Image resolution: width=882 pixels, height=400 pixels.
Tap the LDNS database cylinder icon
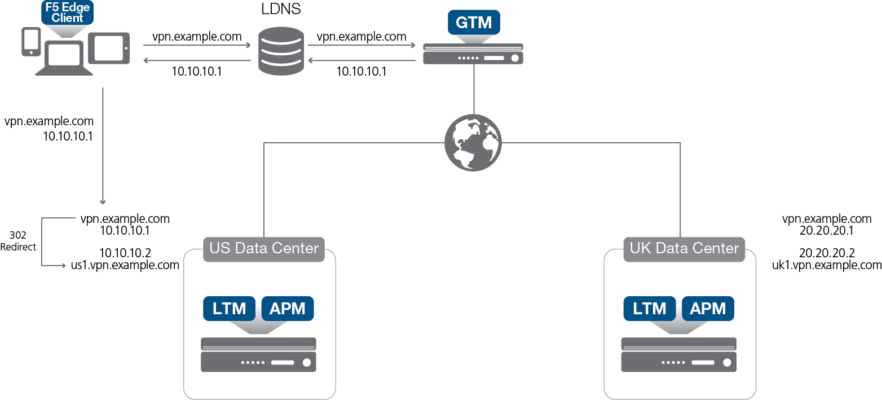click(280, 53)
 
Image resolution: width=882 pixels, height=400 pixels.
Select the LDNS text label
click(280, 10)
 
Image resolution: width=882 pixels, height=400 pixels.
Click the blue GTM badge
click(473, 22)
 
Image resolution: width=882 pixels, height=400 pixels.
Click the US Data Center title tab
click(264, 248)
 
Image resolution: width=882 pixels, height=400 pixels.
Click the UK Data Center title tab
click(684, 248)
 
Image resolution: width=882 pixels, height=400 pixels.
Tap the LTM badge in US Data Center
click(230, 309)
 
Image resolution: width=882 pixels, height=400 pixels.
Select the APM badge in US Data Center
click(288, 309)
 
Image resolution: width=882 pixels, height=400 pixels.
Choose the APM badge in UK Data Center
click(708, 309)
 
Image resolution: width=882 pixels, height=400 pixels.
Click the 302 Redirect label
click(18, 241)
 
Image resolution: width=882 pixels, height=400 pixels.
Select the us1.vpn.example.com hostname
click(125, 265)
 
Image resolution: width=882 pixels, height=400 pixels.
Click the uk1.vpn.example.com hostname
click(827, 265)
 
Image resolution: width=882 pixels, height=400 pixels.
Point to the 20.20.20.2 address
click(827, 253)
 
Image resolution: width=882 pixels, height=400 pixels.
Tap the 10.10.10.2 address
click(125, 253)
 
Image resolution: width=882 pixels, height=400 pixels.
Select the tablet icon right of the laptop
click(112, 47)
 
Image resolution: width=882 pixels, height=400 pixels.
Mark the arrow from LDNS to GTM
click(361, 47)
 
